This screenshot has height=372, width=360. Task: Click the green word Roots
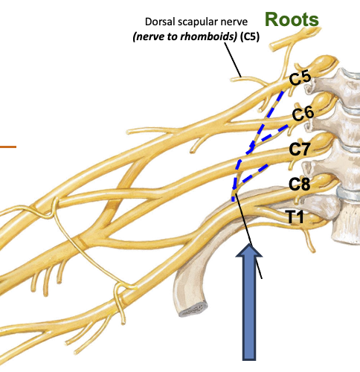[292, 19]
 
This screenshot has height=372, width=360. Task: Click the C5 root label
[300, 77]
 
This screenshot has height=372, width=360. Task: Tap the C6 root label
[303, 114]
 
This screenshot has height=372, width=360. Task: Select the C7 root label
[300, 150]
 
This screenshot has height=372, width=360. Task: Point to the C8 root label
[300, 185]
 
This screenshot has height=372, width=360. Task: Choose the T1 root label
[295, 217]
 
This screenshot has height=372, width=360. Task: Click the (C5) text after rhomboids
[250, 36]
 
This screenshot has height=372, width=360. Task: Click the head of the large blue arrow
[249, 251]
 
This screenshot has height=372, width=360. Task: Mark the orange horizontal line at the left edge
[8, 147]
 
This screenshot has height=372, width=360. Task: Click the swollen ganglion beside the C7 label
[324, 141]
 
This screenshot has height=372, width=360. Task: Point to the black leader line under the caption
[233, 60]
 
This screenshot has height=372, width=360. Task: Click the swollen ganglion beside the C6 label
[324, 103]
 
